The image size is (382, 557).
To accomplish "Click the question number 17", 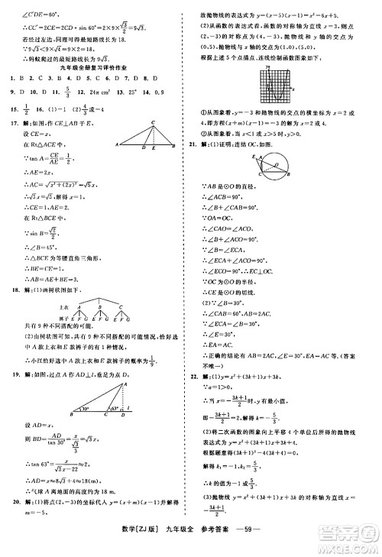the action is tap(12, 121).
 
